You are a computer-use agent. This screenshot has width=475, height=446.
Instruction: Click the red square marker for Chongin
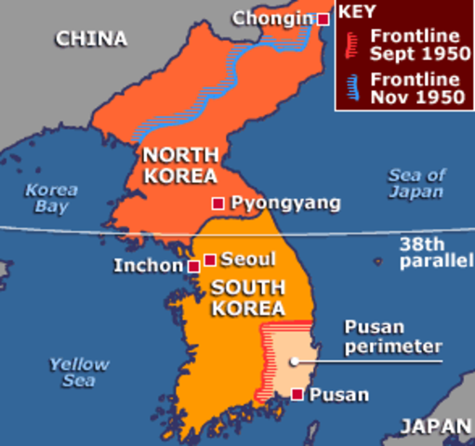pos(323,19)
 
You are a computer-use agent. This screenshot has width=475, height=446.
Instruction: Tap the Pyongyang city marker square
pos(218,203)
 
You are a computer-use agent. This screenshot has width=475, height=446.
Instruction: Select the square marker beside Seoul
pos(210,260)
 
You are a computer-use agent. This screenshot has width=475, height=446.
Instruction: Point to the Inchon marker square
pos(193,267)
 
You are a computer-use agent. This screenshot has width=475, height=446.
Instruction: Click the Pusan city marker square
pos(297,394)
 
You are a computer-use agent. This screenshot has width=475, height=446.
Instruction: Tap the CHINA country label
pos(90,39)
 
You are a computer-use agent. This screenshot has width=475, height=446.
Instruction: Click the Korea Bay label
pos(52,198)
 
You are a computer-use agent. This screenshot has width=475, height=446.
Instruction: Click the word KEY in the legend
pos(357,12)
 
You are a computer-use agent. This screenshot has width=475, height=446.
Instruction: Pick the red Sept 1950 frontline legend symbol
pos(350,42)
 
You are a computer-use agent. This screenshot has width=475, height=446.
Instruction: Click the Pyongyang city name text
pos(272,203)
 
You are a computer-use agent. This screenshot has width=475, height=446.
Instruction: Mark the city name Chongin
pos(272,18)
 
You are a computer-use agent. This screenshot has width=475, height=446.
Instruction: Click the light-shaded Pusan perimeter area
pos(290,358)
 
